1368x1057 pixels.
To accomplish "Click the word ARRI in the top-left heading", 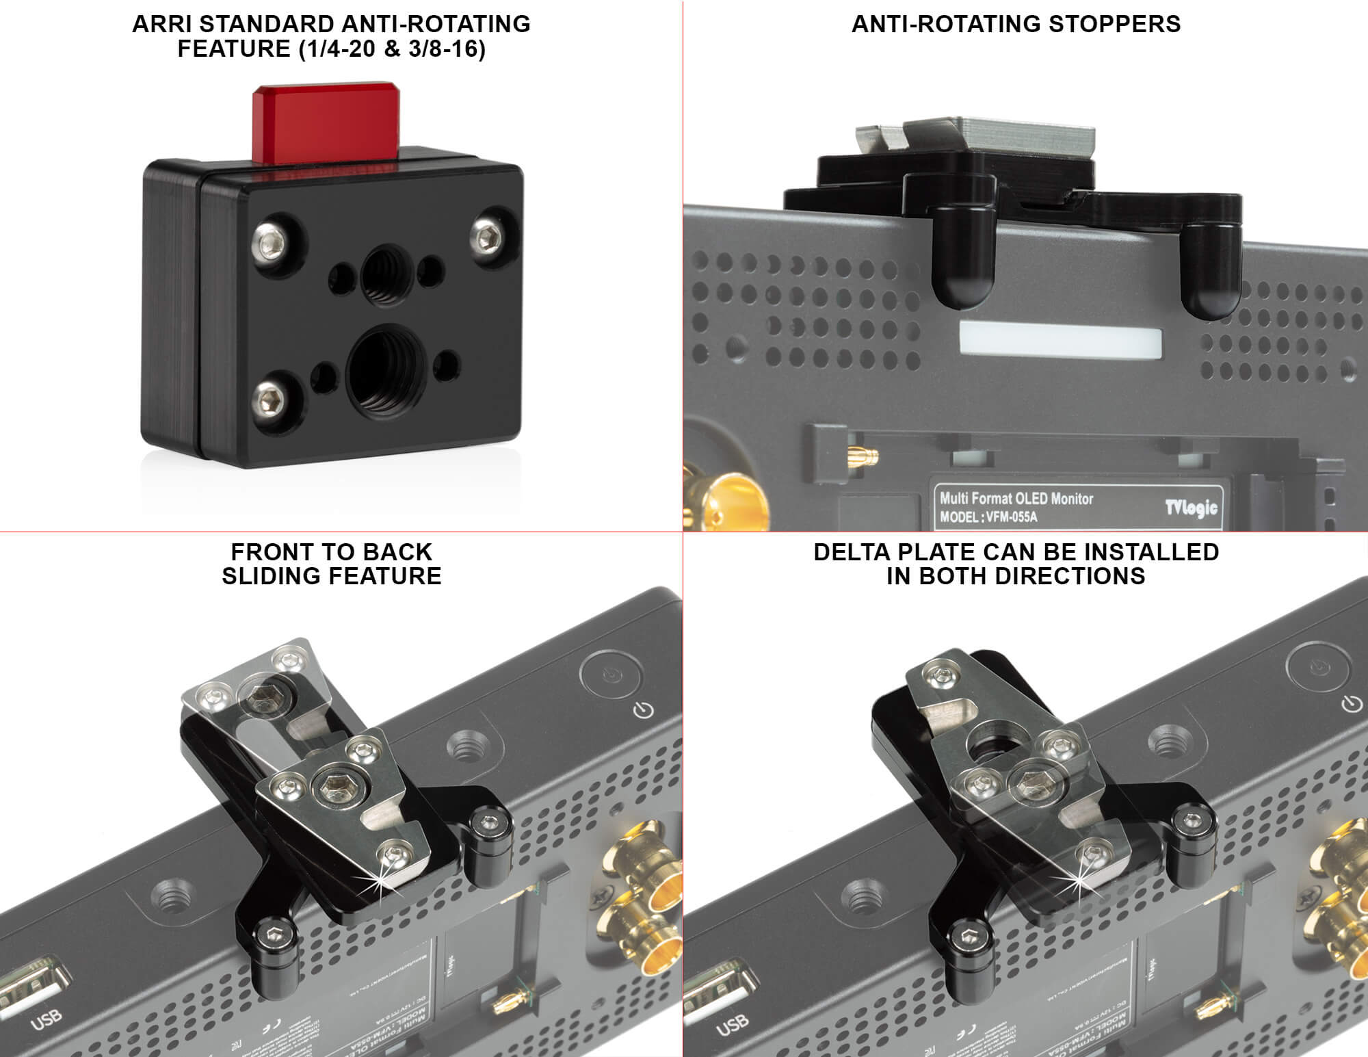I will point(157,24).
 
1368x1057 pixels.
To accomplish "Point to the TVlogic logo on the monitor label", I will point(1191,507).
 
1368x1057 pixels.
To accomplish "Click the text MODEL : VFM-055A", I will point(988,517).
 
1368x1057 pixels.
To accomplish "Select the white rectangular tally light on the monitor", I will point(1061,340).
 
